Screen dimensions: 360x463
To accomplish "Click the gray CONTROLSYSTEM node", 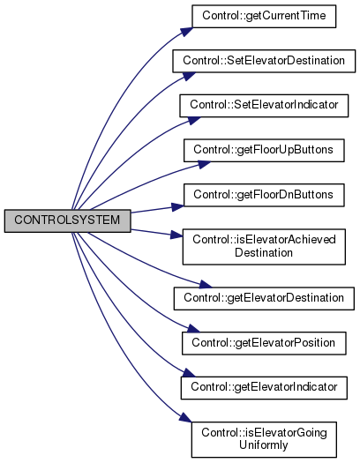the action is (67, 220).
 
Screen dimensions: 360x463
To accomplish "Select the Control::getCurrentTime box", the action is (264, 16).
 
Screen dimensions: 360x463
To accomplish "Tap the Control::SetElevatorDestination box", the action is (264, 61).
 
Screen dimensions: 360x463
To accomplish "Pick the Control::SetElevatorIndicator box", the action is (264, 106).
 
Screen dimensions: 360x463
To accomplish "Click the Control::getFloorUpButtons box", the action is (264, 150).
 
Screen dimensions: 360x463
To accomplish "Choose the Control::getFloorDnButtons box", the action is (264, 195).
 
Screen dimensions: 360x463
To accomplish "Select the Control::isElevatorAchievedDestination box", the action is (264, 247).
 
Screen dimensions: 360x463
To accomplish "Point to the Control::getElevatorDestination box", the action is (264, 298).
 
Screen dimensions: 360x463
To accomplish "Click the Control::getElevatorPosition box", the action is (264, 343).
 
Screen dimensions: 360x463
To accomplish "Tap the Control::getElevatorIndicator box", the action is (264, 388).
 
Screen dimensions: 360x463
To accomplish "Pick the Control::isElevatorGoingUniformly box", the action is (264, 439).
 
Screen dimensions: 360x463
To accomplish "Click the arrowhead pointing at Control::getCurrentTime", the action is (187, 32).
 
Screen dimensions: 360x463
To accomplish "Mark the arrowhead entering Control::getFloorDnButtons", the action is (177, 206).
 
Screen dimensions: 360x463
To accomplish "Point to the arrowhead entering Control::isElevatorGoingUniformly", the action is (186, 417).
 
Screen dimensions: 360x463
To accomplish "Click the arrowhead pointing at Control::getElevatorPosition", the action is (194, 328).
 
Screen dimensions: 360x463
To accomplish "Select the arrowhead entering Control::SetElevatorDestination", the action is (189, 76).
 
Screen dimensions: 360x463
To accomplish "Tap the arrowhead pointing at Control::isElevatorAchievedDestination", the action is (176, 235).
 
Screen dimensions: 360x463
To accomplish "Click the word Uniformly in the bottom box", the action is (264, 445).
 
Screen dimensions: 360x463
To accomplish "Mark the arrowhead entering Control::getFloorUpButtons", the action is (204, 164).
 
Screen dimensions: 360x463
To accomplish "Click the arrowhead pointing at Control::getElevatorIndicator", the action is (189, 373).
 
